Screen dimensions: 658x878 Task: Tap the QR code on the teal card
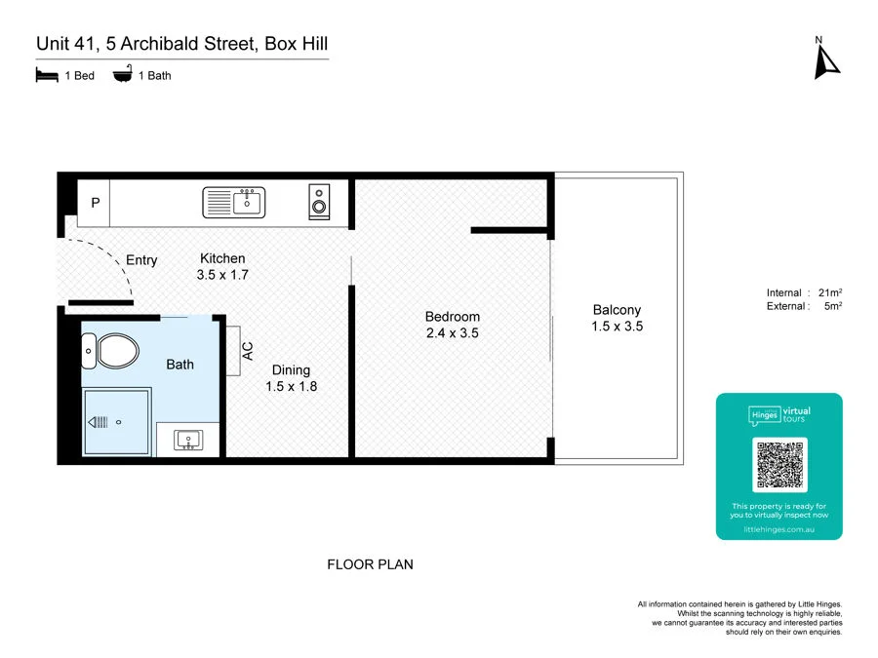pyautogui.click(x=779, y=465)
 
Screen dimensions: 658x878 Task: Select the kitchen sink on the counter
pyautogui.click(x=234, y=203)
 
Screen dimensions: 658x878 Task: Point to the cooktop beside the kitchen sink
pyautogui.click(x=319, y=202)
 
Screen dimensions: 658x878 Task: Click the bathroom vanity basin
pyautogui.click(x=188, y=440)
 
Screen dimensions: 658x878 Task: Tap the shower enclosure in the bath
pyautogui.click(x=116, y=422)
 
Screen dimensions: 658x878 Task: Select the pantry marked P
pyautogui.click(x=95, y=204)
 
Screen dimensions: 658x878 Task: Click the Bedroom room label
pyautogui.click(x=452, y=317)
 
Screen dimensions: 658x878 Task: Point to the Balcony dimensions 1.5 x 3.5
pyautogui.click(x=617, y=327)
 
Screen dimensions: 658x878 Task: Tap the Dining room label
pyautogui.click(x=291, y=369)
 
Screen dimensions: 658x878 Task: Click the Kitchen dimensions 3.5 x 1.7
pyautogui.click(x=222, y=275)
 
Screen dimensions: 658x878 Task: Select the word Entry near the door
pyautogui.click(x=141, y=260)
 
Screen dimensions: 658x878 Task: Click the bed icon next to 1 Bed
pyautogui.click(x=47, y=75)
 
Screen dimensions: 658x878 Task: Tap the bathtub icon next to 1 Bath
pyautogui.click(x=123, y=75)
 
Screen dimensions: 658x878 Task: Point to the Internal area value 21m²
pyautogui.click(x=829, y=293)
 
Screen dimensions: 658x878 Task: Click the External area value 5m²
pyautogui.click(x=832, y=306)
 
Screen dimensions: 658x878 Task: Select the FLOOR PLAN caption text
pyautogui.click(x=370, y=564)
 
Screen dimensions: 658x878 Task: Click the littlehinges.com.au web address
pyautogui.click(x=778, y=529)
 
